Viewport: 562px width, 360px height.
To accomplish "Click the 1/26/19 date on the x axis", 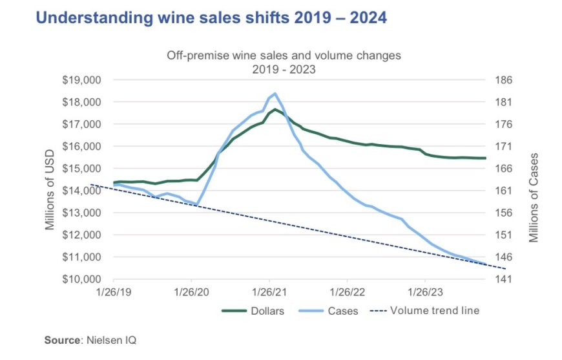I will [x=114, y=292].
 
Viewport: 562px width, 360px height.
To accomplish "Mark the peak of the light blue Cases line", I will [x=275, y=94].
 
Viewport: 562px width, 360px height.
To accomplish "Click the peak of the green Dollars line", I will [x=275, y=110].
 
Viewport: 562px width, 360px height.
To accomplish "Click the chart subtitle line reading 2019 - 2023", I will [x=284, y=68].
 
